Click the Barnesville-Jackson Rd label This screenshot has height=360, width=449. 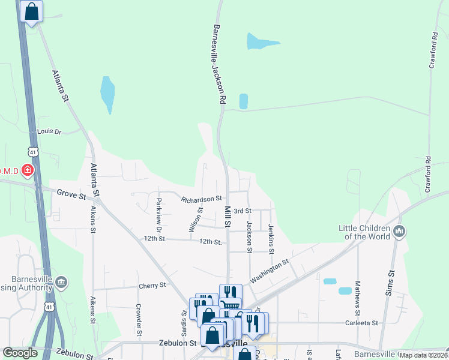click(x=218, y=65)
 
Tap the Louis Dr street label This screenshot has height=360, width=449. click(x=49, y=131)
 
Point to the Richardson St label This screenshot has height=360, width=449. click(x=202, y=198)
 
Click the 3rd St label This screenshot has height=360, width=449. click(x=242, y=211)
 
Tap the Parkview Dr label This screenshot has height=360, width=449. click(x=159, y=215)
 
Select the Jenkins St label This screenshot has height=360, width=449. click(x=271, y=236)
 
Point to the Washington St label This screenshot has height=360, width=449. click(x=270, y=271)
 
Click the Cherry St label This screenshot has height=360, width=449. click(x=152, y=286)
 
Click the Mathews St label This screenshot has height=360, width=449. click(x=357, y=298)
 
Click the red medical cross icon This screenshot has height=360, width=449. click(x=27, y=172)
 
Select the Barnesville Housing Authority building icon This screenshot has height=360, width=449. click(x=61, y=283)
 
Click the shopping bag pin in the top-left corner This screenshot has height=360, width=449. click(x=31, y=11)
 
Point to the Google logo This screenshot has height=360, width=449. click(x=20, y=353)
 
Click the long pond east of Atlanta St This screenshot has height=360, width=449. click(x=107, y=94)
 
